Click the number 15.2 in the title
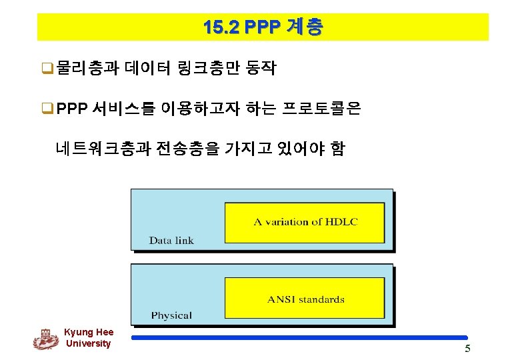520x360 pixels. click(x=221, y=27)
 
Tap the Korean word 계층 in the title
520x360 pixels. click(x=305, y=27)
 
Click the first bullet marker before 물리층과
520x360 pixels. click(x=48, y=69)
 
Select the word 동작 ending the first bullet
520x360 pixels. click(x=261, y=68)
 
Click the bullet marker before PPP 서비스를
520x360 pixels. click(x=48, y=109)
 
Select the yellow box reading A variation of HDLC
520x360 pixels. click(x=305, y=222)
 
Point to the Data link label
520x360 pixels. click(x=171, y=241)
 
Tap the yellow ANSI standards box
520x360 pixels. click(x=305, y=298)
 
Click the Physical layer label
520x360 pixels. click(x=171, y=315)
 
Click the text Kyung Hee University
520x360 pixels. click(x=89, y=338)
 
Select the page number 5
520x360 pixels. click(x=467, y=350)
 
